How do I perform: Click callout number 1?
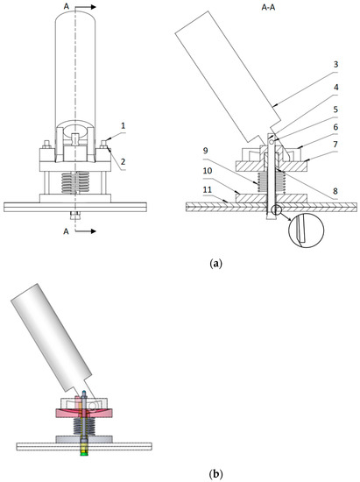[x=124, y=125]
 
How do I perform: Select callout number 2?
[x=124, y=162]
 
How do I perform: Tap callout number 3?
[x=335, y=65]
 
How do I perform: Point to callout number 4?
[x=336, y=88]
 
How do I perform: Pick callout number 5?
[x=335, y=110]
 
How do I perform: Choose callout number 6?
[x=335, y=127]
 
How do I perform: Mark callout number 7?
[x=335, y=145]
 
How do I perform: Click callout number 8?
[x=335, y=191]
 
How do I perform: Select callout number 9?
[x=206, y=151]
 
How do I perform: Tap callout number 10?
[x=208, y=171]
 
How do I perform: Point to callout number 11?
[x=207, y=189]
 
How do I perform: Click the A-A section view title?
[x=268, y=8]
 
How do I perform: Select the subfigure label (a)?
[x=215, y=264]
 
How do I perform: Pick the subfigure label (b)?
[x=215, y=473]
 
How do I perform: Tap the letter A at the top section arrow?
[x=66, y=6]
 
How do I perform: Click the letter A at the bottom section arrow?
[x=66, y=231]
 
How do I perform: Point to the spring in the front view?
[x=75, y=182]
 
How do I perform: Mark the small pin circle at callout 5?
[x=272, y=141]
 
